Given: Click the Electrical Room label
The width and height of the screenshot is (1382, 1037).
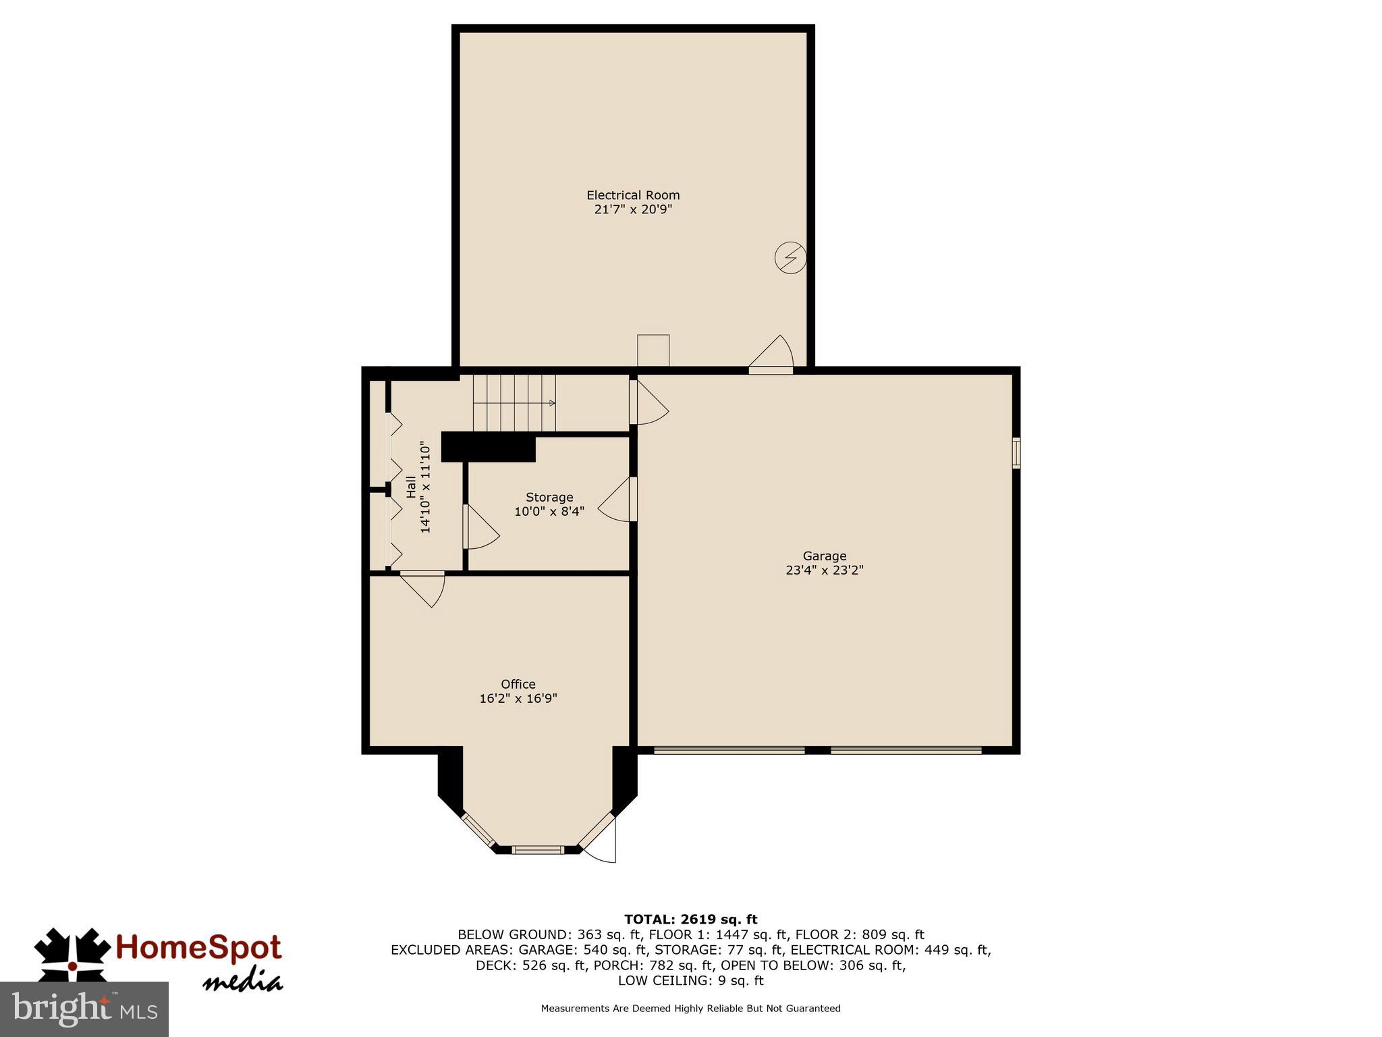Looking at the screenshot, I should point(633,195).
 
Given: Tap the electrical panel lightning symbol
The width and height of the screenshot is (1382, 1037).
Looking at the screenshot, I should point(790,257).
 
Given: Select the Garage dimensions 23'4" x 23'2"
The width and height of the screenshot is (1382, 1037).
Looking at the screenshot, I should point(824,570).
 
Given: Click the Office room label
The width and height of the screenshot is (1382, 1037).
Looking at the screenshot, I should point(518,684).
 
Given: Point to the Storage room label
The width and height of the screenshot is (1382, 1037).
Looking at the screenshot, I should point(549,498).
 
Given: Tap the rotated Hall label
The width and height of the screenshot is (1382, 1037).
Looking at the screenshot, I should point(411,487).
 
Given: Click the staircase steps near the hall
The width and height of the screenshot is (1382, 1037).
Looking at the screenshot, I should point(514,403).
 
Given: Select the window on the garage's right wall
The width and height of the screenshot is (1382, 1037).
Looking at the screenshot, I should point(1016,453).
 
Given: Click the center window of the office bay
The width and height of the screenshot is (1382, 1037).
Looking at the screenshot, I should point(537,849).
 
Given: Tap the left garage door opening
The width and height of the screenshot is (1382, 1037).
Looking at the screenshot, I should point(729,750).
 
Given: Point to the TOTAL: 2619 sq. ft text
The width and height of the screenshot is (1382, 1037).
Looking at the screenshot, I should point(690,919).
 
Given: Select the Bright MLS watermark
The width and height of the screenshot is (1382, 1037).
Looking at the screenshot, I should point(84,1009).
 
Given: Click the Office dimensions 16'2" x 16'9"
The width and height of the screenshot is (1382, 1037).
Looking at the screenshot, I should point(518,699).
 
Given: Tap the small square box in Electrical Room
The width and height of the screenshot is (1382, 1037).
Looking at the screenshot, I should point(653,350).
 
